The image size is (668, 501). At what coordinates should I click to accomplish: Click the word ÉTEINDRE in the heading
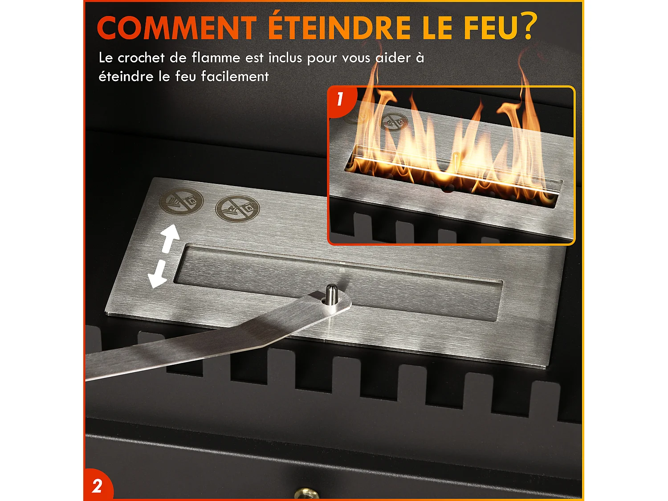tap(339, 28)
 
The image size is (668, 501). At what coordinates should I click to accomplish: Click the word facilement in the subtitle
tap(235, 77)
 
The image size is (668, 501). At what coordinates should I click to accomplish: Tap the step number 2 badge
tap(97, 486)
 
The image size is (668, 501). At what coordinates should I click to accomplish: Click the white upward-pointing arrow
tap(169, 238)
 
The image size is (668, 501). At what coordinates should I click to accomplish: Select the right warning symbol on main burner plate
tap(237, 208)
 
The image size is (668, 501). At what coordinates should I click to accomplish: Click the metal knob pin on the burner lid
tap(330, 294)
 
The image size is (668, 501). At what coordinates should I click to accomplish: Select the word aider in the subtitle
tap(393, 58)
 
